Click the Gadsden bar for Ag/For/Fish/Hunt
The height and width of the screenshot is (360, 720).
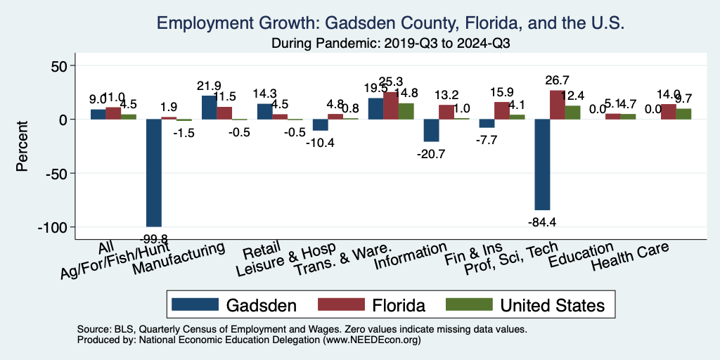point(153,173)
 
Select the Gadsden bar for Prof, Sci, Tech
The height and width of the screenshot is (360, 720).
point(542,165)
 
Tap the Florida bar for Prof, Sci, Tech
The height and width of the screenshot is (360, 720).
point(557,105)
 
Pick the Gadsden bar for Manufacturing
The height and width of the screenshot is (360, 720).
point(209,108)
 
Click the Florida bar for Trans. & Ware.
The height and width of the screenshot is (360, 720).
point(390,105)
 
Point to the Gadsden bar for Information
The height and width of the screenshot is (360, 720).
point(431,131)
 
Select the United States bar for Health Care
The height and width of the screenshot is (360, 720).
point(683,114)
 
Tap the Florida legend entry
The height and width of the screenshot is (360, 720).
point(372,305)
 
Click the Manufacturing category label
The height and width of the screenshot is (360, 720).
point(179,259)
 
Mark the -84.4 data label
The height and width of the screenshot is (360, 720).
point(543,223)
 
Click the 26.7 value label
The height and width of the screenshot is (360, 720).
point(557,80)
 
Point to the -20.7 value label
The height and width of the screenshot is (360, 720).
point(431,154)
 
